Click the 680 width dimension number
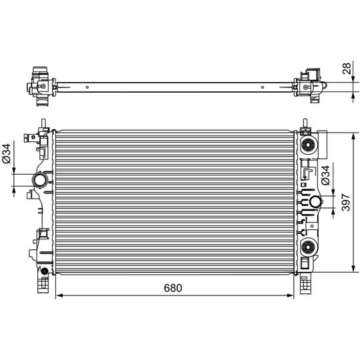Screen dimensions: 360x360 173,288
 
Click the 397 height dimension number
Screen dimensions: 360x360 346,202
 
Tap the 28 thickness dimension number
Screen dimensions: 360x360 347,68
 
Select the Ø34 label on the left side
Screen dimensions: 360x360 7,153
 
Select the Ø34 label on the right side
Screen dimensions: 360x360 325,175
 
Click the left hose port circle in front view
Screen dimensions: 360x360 39,180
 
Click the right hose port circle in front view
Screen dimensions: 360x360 315,202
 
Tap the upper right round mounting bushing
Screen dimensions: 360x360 307,145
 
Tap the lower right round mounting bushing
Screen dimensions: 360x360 307,247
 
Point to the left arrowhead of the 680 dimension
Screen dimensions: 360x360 59,295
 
